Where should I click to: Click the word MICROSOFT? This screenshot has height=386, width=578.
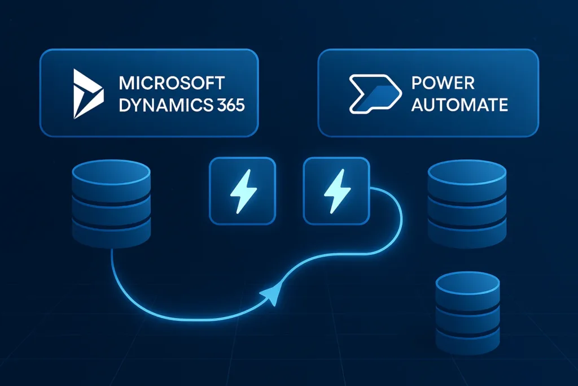[x=172, y=83]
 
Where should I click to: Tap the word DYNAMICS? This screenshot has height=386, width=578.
[x=154, y=105]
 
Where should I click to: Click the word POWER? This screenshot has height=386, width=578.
[x=443, y=83]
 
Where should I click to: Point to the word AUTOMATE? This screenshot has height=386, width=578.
[x=459, y=105]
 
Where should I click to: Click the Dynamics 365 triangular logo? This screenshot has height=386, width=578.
[x=89, y=94]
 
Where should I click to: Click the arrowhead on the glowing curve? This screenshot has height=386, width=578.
[x=270, y=294]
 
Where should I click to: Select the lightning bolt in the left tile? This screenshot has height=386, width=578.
[x=242, y=190]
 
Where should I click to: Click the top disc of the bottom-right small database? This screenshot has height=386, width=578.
[x=468, y=281]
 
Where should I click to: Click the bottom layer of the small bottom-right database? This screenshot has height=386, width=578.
[x=468, y=339]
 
